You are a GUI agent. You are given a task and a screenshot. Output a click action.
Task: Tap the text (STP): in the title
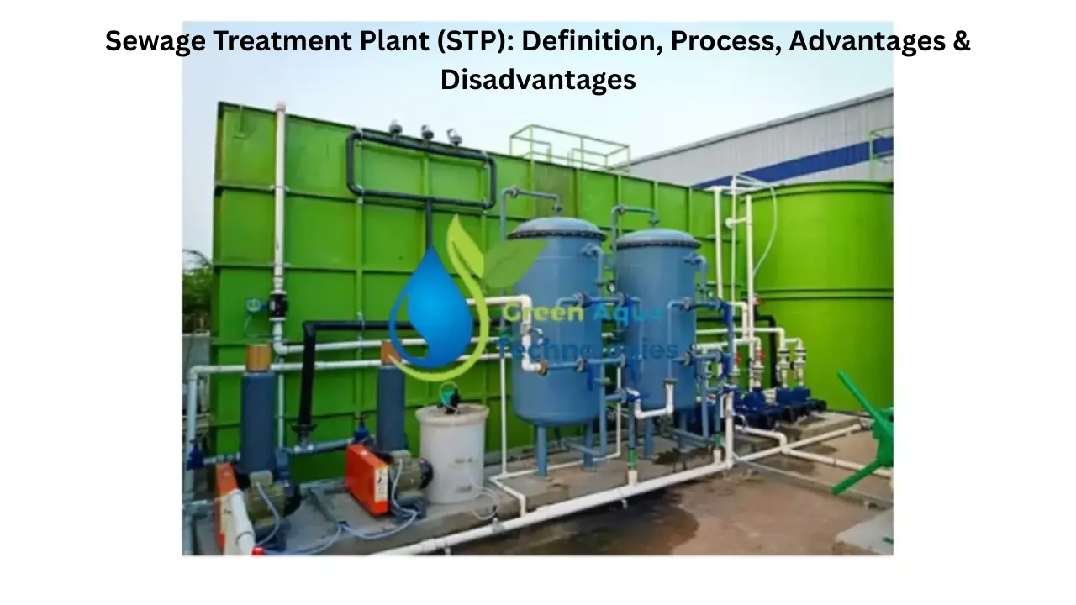[473, 41]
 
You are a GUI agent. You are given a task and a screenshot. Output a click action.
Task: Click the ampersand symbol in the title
[962, 41]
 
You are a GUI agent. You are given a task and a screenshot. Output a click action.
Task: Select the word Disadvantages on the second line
[538, 79]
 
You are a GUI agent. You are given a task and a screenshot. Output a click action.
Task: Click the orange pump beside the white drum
[368, 476]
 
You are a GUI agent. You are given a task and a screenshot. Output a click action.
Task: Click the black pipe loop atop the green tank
[420, 168]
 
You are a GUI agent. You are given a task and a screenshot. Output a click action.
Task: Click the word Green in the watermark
[530, 315]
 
